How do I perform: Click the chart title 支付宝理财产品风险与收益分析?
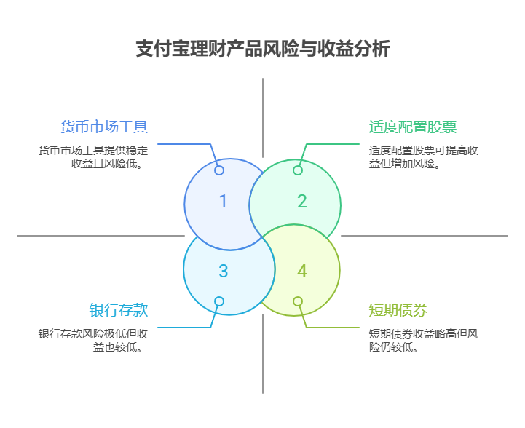(x=262, y=49)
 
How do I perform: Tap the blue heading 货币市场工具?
(x=104, y=127)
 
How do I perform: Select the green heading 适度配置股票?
(x=413, y=127)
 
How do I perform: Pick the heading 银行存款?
(x=119, y=310)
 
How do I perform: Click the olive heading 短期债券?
(x=398, y=311)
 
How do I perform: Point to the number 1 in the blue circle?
(x=224, y=202)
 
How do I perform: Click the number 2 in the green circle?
(x=302, y=202)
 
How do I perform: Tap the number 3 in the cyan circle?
(x=224, y=272)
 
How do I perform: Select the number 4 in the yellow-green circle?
(x=302, y=272)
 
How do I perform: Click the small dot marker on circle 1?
(x=219, y=170)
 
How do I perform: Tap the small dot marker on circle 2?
(x=298, y=170)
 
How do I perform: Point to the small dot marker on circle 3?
(x=219, y=301)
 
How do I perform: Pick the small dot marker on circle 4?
(x=298, y=301)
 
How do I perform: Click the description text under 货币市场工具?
(x=93, y=157)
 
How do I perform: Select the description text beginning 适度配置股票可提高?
(x=423, y=157)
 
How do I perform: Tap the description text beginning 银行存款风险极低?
(x=93, y=341)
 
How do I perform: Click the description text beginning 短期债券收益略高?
(x=423, y=341)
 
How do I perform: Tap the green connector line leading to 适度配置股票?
(x=335, y=144)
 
